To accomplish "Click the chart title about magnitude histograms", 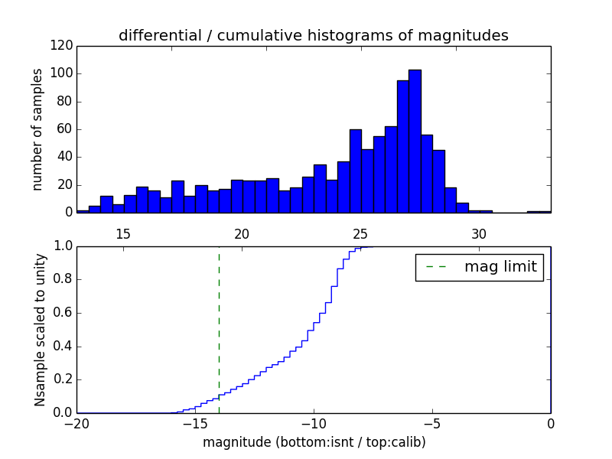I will click(313, 35).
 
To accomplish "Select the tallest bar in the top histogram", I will click(415, 141).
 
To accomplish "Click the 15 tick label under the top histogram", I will click(123, 234).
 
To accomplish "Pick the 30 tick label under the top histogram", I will click(479, 234).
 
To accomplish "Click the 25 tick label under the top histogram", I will click(360, 234).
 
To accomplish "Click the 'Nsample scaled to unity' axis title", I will click(40, 330).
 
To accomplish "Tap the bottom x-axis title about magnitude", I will click(314, 442).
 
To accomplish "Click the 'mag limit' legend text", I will click(500, 267).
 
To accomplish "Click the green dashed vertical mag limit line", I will click(219, 329).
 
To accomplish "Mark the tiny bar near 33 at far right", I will click(539, 211).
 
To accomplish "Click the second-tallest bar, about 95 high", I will click(402, 146).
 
